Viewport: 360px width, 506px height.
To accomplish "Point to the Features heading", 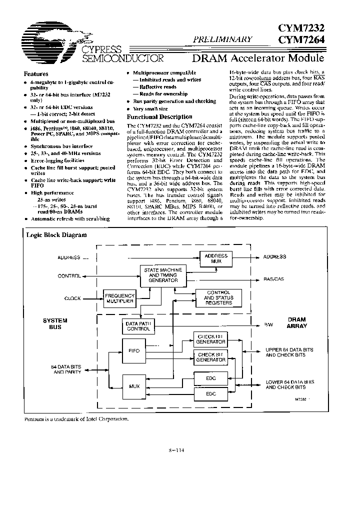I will pyautogui.click(x=36, y=73).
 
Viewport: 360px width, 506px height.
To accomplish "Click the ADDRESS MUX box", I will pyautogui.click(x=216, y=258).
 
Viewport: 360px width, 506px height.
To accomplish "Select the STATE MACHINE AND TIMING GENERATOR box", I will pyautogui.click(x=161, y=275).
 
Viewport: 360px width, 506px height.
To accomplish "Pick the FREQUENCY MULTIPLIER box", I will pyautogui.click(x=119, y=298).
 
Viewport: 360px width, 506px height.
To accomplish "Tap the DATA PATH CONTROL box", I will pyautogui.click(x=137, y=326).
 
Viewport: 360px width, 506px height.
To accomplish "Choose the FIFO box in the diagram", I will pyautogui.click(x=133, y=351).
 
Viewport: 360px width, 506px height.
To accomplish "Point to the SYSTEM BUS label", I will pyautogui.click(x=55, y=323).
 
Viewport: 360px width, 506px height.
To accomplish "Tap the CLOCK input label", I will pyautogui.click(x=72, y=298).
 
